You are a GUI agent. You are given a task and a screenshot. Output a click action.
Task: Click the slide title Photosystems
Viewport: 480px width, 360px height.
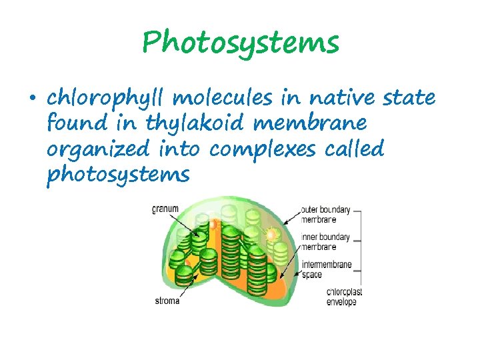point(240,43)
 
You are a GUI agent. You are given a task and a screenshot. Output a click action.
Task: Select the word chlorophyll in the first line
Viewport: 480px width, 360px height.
point(107,99)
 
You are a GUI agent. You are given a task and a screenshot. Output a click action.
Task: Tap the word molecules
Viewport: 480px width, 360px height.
point(221,99)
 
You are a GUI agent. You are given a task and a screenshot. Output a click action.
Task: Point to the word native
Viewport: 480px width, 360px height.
point(335,98)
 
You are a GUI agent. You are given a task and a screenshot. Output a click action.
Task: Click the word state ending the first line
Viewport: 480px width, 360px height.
point(409,99)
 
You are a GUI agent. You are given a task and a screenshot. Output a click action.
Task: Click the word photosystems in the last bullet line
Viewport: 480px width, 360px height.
point(119,175)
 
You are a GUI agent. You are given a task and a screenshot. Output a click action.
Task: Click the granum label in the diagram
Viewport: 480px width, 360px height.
point(165,209)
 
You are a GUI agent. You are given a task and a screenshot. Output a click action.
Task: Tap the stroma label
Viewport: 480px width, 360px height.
point(167,300)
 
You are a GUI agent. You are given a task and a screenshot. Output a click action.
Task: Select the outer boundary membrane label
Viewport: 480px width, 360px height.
point(326,215)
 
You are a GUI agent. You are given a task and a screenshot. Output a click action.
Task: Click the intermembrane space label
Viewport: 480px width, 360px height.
point(326,269)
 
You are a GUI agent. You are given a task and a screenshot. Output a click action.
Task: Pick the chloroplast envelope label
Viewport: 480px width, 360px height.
point(342,297)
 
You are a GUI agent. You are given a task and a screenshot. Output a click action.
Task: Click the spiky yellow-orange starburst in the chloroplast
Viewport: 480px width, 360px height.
point(272,235)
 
